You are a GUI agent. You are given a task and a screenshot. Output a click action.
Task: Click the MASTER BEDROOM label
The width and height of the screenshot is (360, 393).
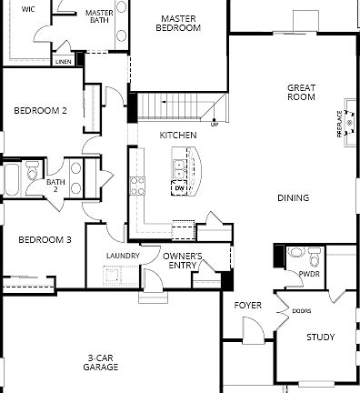pyautogui.click(x=179, y=24)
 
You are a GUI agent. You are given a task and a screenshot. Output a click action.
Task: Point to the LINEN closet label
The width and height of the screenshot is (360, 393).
pyautogui.click(x=64, y=63)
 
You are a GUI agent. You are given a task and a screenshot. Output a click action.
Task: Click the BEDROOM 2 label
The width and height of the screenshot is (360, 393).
pyautogui.click(x=40, y=111)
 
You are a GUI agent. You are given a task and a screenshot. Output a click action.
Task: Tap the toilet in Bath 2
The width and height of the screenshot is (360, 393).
pyautogui.click(x=34, y=173)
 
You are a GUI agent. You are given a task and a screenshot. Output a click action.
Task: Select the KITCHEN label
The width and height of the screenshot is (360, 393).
pyautogui.click(x=178, y=135)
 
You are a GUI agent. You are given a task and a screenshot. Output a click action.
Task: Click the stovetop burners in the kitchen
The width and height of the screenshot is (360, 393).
pyautogui.click(x=137, y=186)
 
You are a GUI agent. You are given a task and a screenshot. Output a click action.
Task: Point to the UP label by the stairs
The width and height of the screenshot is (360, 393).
pyautogui.click(x=215, y=125)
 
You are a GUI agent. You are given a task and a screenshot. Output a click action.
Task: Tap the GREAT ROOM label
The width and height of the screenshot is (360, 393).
pyautogui.click(x=301, y=94)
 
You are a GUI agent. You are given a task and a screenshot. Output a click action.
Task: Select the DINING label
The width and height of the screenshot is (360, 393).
pyautogui.click(x=294, y=197)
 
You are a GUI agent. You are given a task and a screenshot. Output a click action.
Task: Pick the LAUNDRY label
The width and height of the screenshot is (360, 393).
pyautogui.click(x=123, y=256)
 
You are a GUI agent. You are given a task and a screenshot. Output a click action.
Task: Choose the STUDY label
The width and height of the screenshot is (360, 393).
pyautogui.click(x=320, y=337)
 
